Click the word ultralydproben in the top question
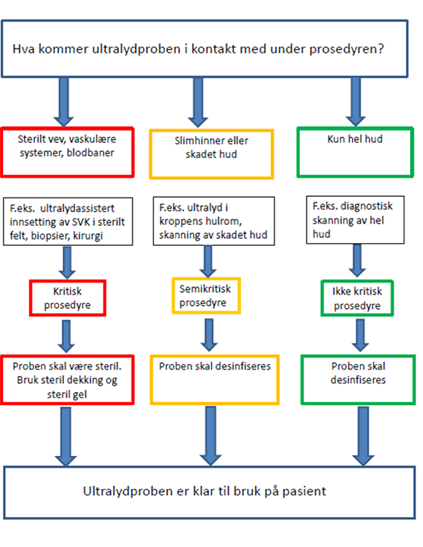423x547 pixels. pyautogui.click(x=136, y=49)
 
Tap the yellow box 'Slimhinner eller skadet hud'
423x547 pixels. pyautogui.click(x=211, y=154)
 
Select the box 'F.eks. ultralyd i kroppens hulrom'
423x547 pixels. pyautogui.click(x=214, y=221)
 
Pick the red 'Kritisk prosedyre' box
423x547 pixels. pyautogui.click(x=67, y=298)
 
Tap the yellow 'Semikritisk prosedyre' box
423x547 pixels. pyautogui.click(x=206, y=296)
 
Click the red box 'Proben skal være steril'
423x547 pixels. pyautogui.click(x=67, y=380)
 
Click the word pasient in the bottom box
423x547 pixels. pyautogui.click(x=304, y=491)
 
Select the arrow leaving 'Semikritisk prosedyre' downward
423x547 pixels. pyautogui.click(x=209, y=334)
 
